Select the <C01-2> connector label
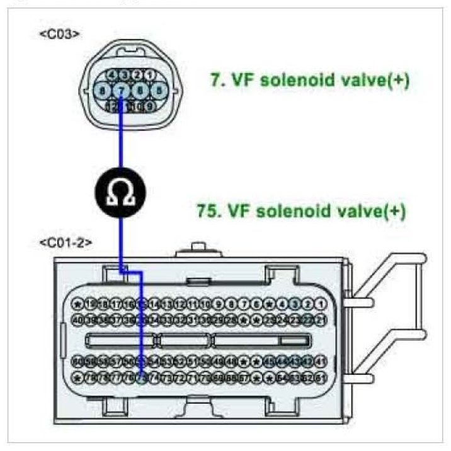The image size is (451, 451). pyautogui.click(x=66, y=243)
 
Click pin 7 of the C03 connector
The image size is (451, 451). pyautogui.click(x=122, y=90)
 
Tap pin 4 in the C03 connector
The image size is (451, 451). pyautogui.click(x=113, y=74)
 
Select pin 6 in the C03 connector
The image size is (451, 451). pyautogui.click(x=140, y=90)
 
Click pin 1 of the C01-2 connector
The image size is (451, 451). pyautogui.click(x=321, y=304)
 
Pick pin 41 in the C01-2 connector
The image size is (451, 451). pyautogui.click(x=321, y=361)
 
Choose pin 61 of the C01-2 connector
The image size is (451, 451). pyautogui.click(x=321, y=378)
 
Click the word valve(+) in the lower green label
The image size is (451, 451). pyautogui.click(x=375, y=210)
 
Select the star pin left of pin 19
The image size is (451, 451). pyautogui.click(x=78, y=304)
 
